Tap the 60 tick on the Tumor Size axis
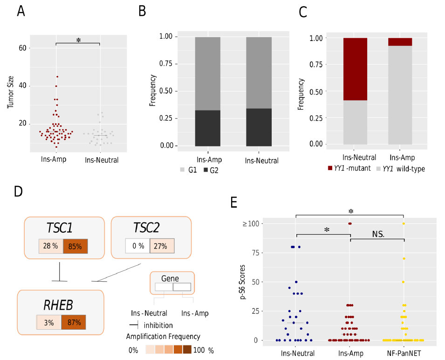click(x=24, y=48)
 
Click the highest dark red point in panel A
click(x=56, y=76)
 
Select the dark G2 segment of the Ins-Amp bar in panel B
click(x=208, y=128)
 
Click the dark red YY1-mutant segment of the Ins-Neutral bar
click(x=355, y=69)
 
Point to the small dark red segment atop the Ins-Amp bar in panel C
click(x=400, y=42)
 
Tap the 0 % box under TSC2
click(x=137, y=246)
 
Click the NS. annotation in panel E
click(x=378, y=233)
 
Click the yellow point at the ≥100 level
click(x=404, y=224)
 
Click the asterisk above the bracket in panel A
click(x=78, y=41)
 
